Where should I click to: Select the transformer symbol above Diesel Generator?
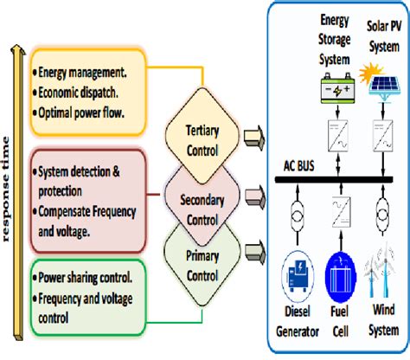(296, 211)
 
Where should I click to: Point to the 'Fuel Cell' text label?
(338, 335)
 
